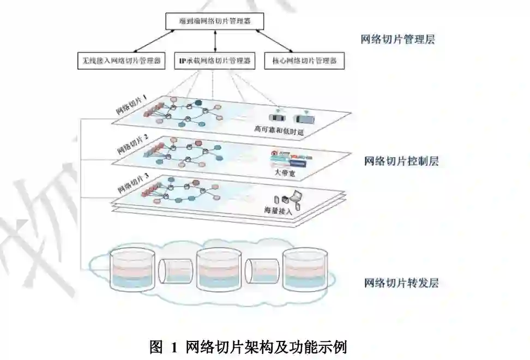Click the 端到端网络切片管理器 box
click(x=215, y=21)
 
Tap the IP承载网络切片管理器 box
click(x=215, y=61)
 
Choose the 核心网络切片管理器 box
click(x=304, y=61)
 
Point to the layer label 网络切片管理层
click(x=398, y=39)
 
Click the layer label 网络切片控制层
click(x=401, y=161)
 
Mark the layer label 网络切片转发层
click(x=401, y=283)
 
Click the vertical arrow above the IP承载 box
click(x=215, y=41)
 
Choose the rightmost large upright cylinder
click(x=305, y=268)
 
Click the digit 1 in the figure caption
click(x=174, y=347)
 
